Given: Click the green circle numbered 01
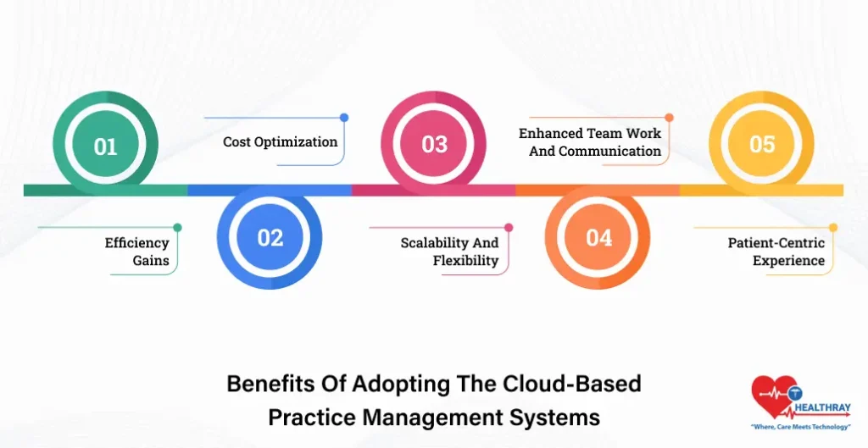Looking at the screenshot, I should tap(105, 146).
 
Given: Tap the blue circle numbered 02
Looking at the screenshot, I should tap(270, 237).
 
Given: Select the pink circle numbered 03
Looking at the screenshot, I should tap(434, 145).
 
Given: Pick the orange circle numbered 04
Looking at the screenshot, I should tap(598, 237).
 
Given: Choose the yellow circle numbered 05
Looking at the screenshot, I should tap(762, 145).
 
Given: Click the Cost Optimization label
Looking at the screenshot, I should tap(280, 141).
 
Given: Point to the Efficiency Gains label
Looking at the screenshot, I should tap(137, 252).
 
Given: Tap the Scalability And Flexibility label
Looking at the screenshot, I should tap(449, 252).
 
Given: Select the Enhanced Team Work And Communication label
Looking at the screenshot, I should tap(590, 142).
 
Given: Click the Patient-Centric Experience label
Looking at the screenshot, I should tap(776, 252).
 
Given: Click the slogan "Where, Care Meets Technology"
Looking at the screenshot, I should tap(801, 426).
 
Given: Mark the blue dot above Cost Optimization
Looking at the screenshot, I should tap(343, 118).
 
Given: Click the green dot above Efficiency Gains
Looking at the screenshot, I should tap(177, 227).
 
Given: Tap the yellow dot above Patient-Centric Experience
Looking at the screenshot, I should tap(833, 227).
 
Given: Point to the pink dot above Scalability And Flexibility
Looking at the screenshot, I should tap(509, 227).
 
